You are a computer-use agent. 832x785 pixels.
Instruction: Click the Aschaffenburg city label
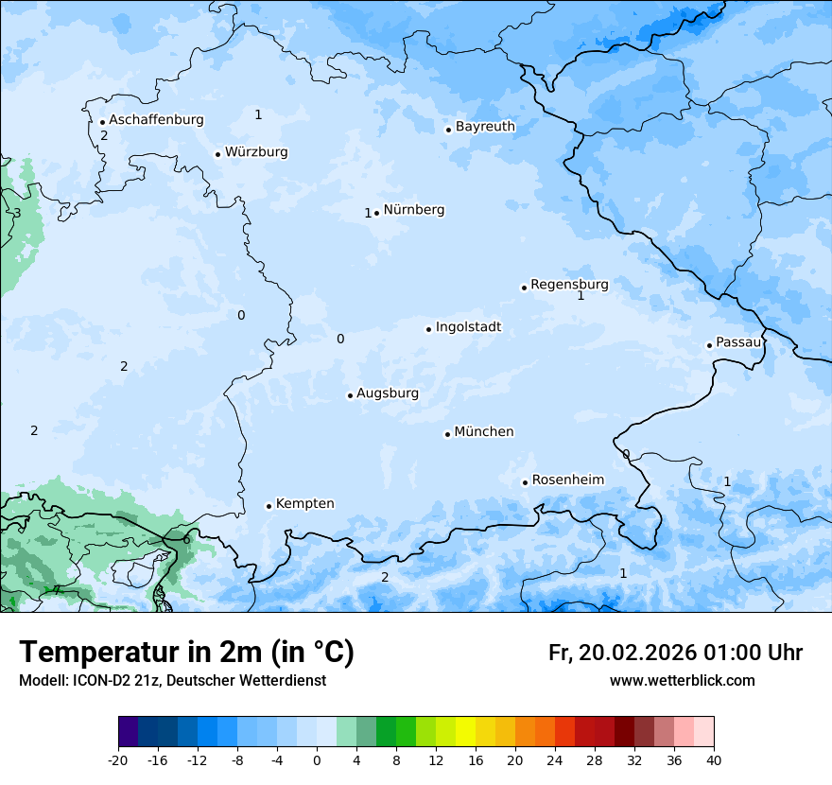(156, 120)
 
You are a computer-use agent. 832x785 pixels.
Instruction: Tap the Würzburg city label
(256, 152)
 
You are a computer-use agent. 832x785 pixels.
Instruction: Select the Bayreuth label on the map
(485, 127)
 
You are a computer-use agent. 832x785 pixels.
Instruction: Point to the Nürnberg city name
(413, 210)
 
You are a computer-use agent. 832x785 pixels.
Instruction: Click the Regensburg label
(569, 285)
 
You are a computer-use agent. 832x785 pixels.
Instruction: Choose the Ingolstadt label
(468, 327)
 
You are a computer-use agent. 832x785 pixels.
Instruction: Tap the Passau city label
(737, 342)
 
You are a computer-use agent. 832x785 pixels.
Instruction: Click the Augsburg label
(388, 393)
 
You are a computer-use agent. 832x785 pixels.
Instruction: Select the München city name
(484, 432)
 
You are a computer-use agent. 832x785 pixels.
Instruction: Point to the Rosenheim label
(567, 480)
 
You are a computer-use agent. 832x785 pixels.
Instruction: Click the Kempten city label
(304, 504)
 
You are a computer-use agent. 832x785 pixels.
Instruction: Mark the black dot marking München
(447, 434)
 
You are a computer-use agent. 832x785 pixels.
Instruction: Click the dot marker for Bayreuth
(448, 130)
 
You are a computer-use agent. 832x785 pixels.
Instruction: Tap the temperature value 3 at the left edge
(16, 213)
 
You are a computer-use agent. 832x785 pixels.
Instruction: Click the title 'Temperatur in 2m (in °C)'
(186, 653)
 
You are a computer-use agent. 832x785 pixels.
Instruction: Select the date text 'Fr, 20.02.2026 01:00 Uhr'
(675, 653)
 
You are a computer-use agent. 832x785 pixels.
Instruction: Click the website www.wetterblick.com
(682, 680)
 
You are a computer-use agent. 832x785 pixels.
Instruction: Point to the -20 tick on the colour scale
(118, 760)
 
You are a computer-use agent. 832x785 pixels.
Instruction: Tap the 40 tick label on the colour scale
(713, 760)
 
